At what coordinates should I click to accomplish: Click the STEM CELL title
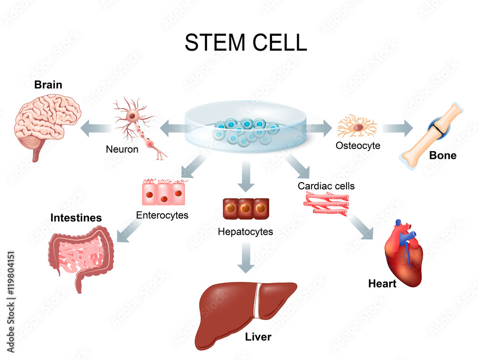[x=246, y=42]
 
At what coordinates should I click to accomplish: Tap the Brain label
[x=48, y=85]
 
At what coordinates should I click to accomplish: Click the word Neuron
[x=122, y=149]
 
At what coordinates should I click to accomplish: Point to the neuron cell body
[x=132, y=115]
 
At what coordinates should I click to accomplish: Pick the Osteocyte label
[x=358, y=146]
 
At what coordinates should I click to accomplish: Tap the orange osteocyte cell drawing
[x=357, y=126]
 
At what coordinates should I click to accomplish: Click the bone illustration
[x=432, y=136]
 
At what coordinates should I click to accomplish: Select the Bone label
[x=443, y=155]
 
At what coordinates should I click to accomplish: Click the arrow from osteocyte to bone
[x=397, y=128]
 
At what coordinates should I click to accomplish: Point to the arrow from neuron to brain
[x=96, y=128]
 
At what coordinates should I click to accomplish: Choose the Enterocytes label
[x=162, y=215]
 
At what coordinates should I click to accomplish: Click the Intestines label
[x=76, y=218]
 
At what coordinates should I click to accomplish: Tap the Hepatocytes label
[x=245, y=232]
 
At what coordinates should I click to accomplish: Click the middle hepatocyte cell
[x=246, y=208]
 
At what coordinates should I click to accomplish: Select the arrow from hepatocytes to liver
[x=246, y=258]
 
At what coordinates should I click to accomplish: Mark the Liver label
[x=258, y=337]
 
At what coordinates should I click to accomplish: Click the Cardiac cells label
[x=326, y=186]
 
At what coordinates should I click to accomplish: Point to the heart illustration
[x=403, y=253]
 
